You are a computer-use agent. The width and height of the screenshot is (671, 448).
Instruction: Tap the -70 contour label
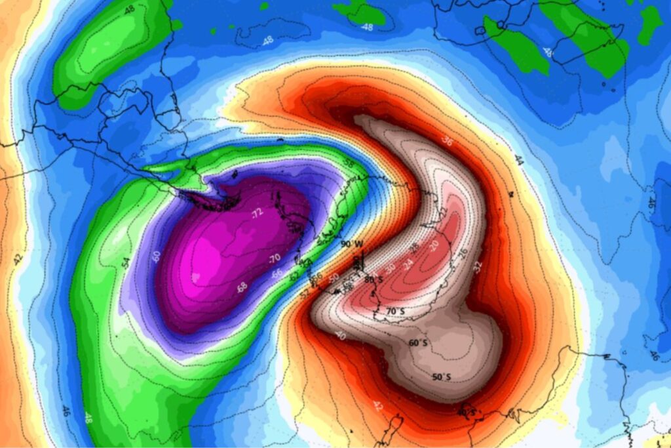click(275, 257)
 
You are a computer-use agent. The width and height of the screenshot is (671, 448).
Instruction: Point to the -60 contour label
click(156, 256)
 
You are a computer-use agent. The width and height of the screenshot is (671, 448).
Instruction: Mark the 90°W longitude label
click(351, 244)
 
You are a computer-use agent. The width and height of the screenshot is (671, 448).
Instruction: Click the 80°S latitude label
click(374, 279)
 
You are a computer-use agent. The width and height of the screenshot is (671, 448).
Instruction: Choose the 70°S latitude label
click(394, 311)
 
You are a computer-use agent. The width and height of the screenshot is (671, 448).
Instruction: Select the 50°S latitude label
click(442, 377)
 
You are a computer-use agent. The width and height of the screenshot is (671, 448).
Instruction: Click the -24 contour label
click(410, 264)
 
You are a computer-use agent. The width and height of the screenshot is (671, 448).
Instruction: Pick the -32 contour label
click(477, 267)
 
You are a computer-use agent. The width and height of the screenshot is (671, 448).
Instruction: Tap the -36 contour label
click(448, 140)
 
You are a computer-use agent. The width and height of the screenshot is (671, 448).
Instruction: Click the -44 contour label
click(519, 159)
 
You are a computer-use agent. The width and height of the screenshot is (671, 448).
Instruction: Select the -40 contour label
click(340, 335)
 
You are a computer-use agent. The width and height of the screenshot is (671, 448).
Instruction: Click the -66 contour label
click(278, 274)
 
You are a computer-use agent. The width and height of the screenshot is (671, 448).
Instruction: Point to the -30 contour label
click(391, 268)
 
